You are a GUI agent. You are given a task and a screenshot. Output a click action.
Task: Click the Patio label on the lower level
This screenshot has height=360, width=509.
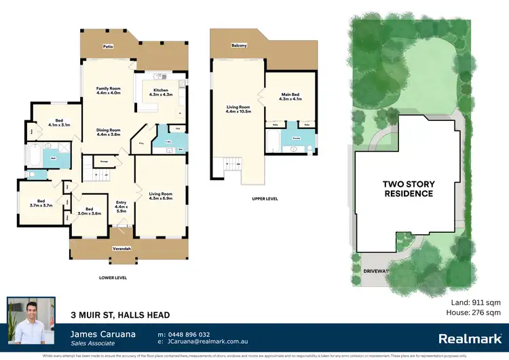point(107,47)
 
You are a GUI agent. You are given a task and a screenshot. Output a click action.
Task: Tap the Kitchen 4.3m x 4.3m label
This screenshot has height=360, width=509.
point(160,92)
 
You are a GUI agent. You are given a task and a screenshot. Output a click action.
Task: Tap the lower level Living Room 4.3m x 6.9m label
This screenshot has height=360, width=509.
point(161,198)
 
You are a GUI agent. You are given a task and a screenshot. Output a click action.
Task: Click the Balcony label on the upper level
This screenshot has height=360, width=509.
point(238,46)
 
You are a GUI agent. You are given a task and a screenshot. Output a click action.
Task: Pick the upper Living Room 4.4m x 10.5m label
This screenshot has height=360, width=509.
point(238,109)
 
